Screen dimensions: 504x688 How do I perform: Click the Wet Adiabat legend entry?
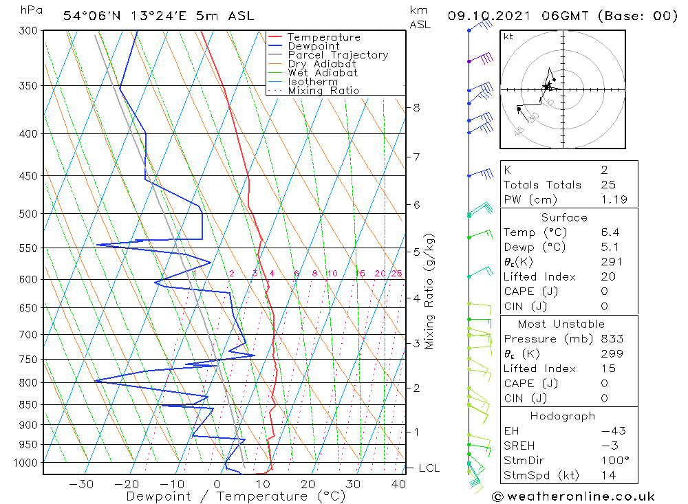click(323, 73)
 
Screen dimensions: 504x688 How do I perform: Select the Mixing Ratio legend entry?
click(323, 91)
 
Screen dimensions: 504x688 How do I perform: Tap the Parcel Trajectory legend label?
click(338, 55)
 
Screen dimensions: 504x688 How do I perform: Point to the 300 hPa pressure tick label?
click(28, 31)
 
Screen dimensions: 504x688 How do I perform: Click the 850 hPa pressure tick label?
click(28, 404)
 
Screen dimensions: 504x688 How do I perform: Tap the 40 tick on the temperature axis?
click(398, 484)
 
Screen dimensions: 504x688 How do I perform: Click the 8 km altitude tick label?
click(417, 107)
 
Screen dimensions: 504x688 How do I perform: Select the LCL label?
click(429, 468)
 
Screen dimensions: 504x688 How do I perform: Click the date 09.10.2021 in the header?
click(481, 15)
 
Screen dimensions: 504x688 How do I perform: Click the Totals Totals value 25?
click(608, 185)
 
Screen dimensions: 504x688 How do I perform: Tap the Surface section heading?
click(564, 217)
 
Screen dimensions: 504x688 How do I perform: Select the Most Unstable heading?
click(561, 324)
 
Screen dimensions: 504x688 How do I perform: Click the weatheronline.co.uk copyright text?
click(574, 496)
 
